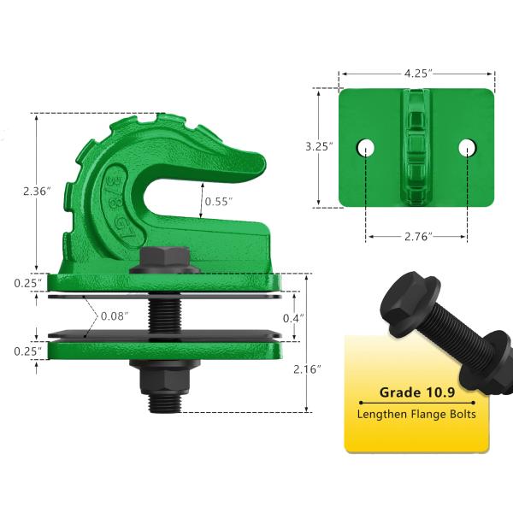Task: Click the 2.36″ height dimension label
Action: tap(37, 191)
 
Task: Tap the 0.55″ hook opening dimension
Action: tap(218, 202)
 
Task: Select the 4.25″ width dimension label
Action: tap(418, 74)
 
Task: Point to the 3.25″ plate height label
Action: tap(319, 146)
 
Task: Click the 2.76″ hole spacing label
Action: tap(418, 236)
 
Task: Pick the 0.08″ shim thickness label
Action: tap(115, 316)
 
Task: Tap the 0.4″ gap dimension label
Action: tap(293, 318)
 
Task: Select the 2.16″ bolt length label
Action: tap(307, 369)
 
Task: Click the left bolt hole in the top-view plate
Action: tap(365, 148)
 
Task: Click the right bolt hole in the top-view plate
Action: tap(467, 148)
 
